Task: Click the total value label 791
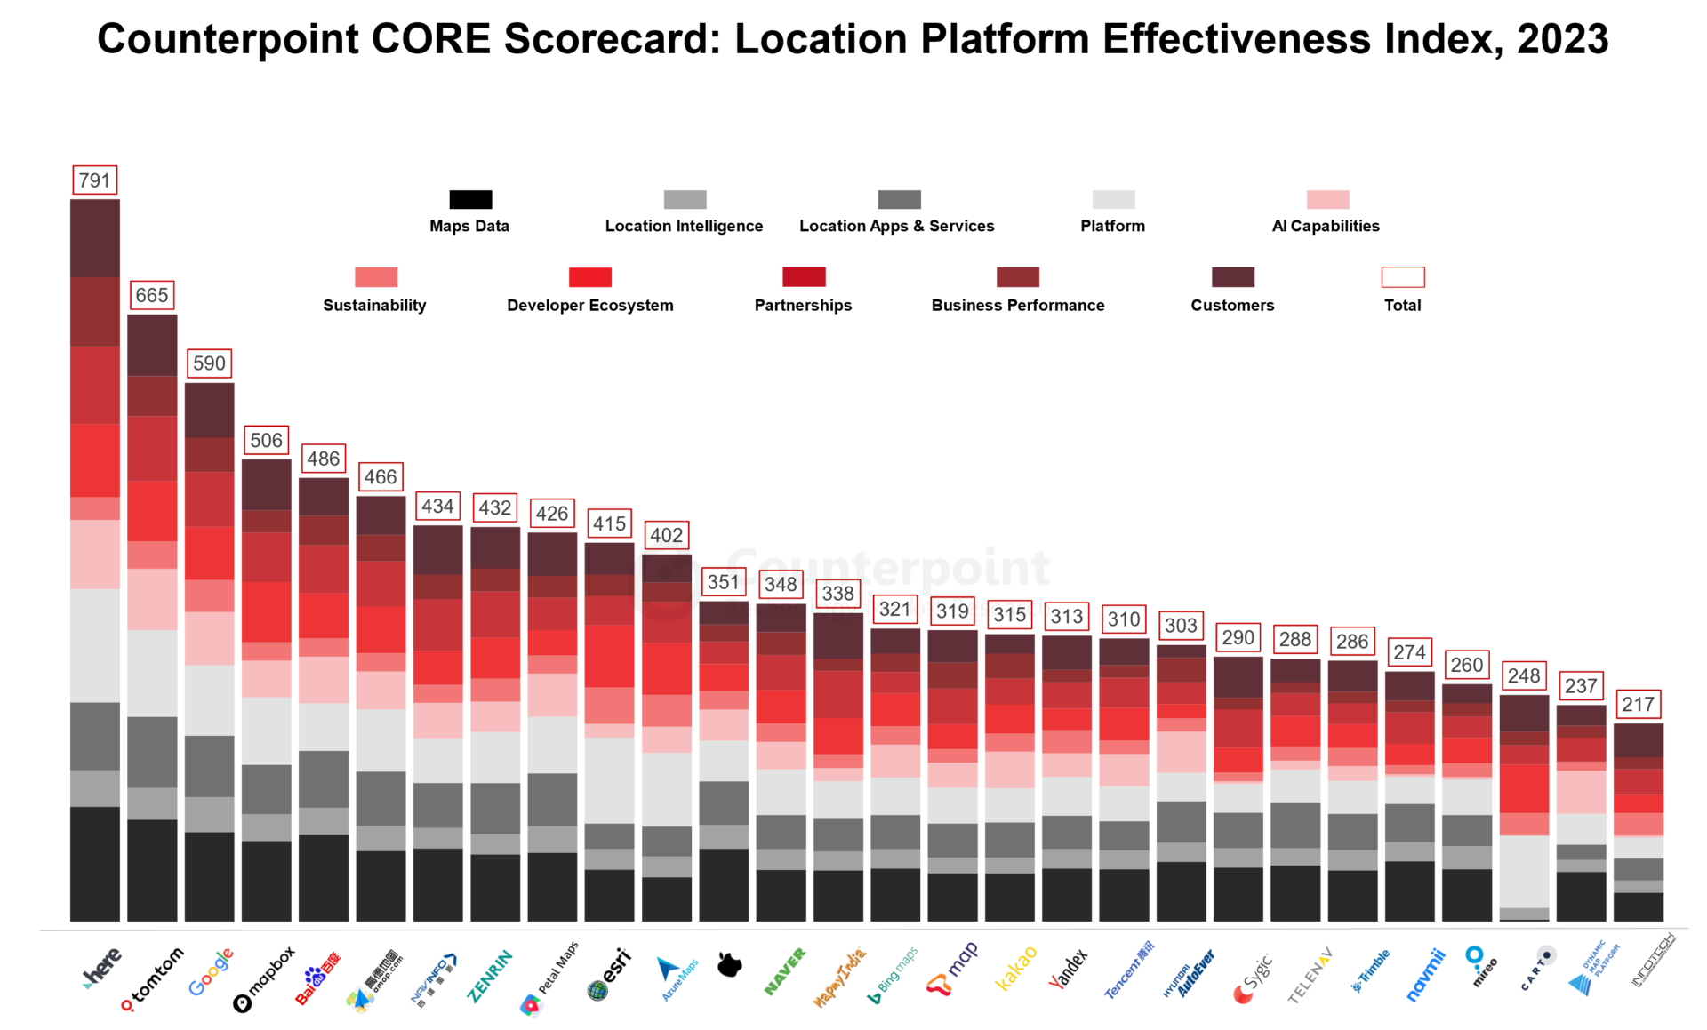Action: click(x=94, y=180)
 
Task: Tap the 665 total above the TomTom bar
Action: click(x=151, y=295)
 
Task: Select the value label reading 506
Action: click(x=266, y=440)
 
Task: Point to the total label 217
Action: click(x=1638, y=705)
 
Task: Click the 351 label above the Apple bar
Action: click(x=723, y=582)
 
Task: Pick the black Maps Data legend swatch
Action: click(x=470, y=199)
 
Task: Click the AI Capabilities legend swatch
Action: click(x=1327, y=199)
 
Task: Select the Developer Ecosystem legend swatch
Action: click(x=590, y=277)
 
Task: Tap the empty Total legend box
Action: click(x=1402, y=277)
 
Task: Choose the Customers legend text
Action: click(x=1232, y=306)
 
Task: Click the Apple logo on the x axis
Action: click(x=729, y=965)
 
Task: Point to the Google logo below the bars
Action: click(x=211, y=972)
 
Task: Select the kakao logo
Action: click(x=1015, y=968)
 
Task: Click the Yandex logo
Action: click(x=1068, y=969)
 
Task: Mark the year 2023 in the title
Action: click(x=1562, y=40)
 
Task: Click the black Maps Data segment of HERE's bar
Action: click(x=95, y=863)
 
